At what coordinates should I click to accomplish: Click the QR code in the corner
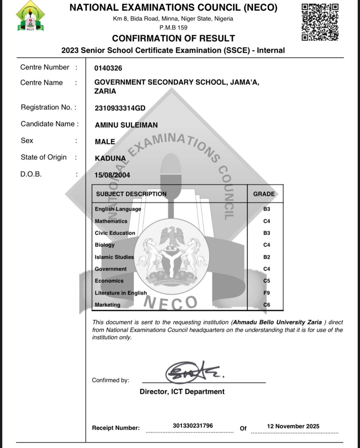click(320, 22)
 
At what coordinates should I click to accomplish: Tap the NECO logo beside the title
click(30, 16)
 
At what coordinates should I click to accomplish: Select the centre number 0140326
click(108, 68)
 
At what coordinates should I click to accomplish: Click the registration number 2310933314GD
click(120, 108)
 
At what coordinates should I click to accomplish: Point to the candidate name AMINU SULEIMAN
click(126, 125)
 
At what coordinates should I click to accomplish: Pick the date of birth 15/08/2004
click(112, 175)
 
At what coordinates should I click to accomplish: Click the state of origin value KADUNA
click(110, 158)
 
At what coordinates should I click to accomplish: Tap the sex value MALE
click(105, 142)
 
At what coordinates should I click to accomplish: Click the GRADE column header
click(264, 194)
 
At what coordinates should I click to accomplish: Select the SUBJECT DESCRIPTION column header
click(131, 194)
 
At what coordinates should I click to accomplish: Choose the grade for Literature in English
click(266, 293)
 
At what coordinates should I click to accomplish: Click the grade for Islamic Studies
click(266, 257)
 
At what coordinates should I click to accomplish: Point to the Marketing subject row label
click(108, 305)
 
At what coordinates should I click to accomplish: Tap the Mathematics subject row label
click(111, 221)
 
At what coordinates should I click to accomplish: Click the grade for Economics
click(266, 281)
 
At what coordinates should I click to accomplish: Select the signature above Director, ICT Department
click(192, 372)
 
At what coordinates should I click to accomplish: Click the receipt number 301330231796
click(193, 426)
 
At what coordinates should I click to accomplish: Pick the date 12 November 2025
click(293, 426)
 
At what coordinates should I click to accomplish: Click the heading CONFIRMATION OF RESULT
click(173, 38)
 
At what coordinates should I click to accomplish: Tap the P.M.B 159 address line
click(173, 27)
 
